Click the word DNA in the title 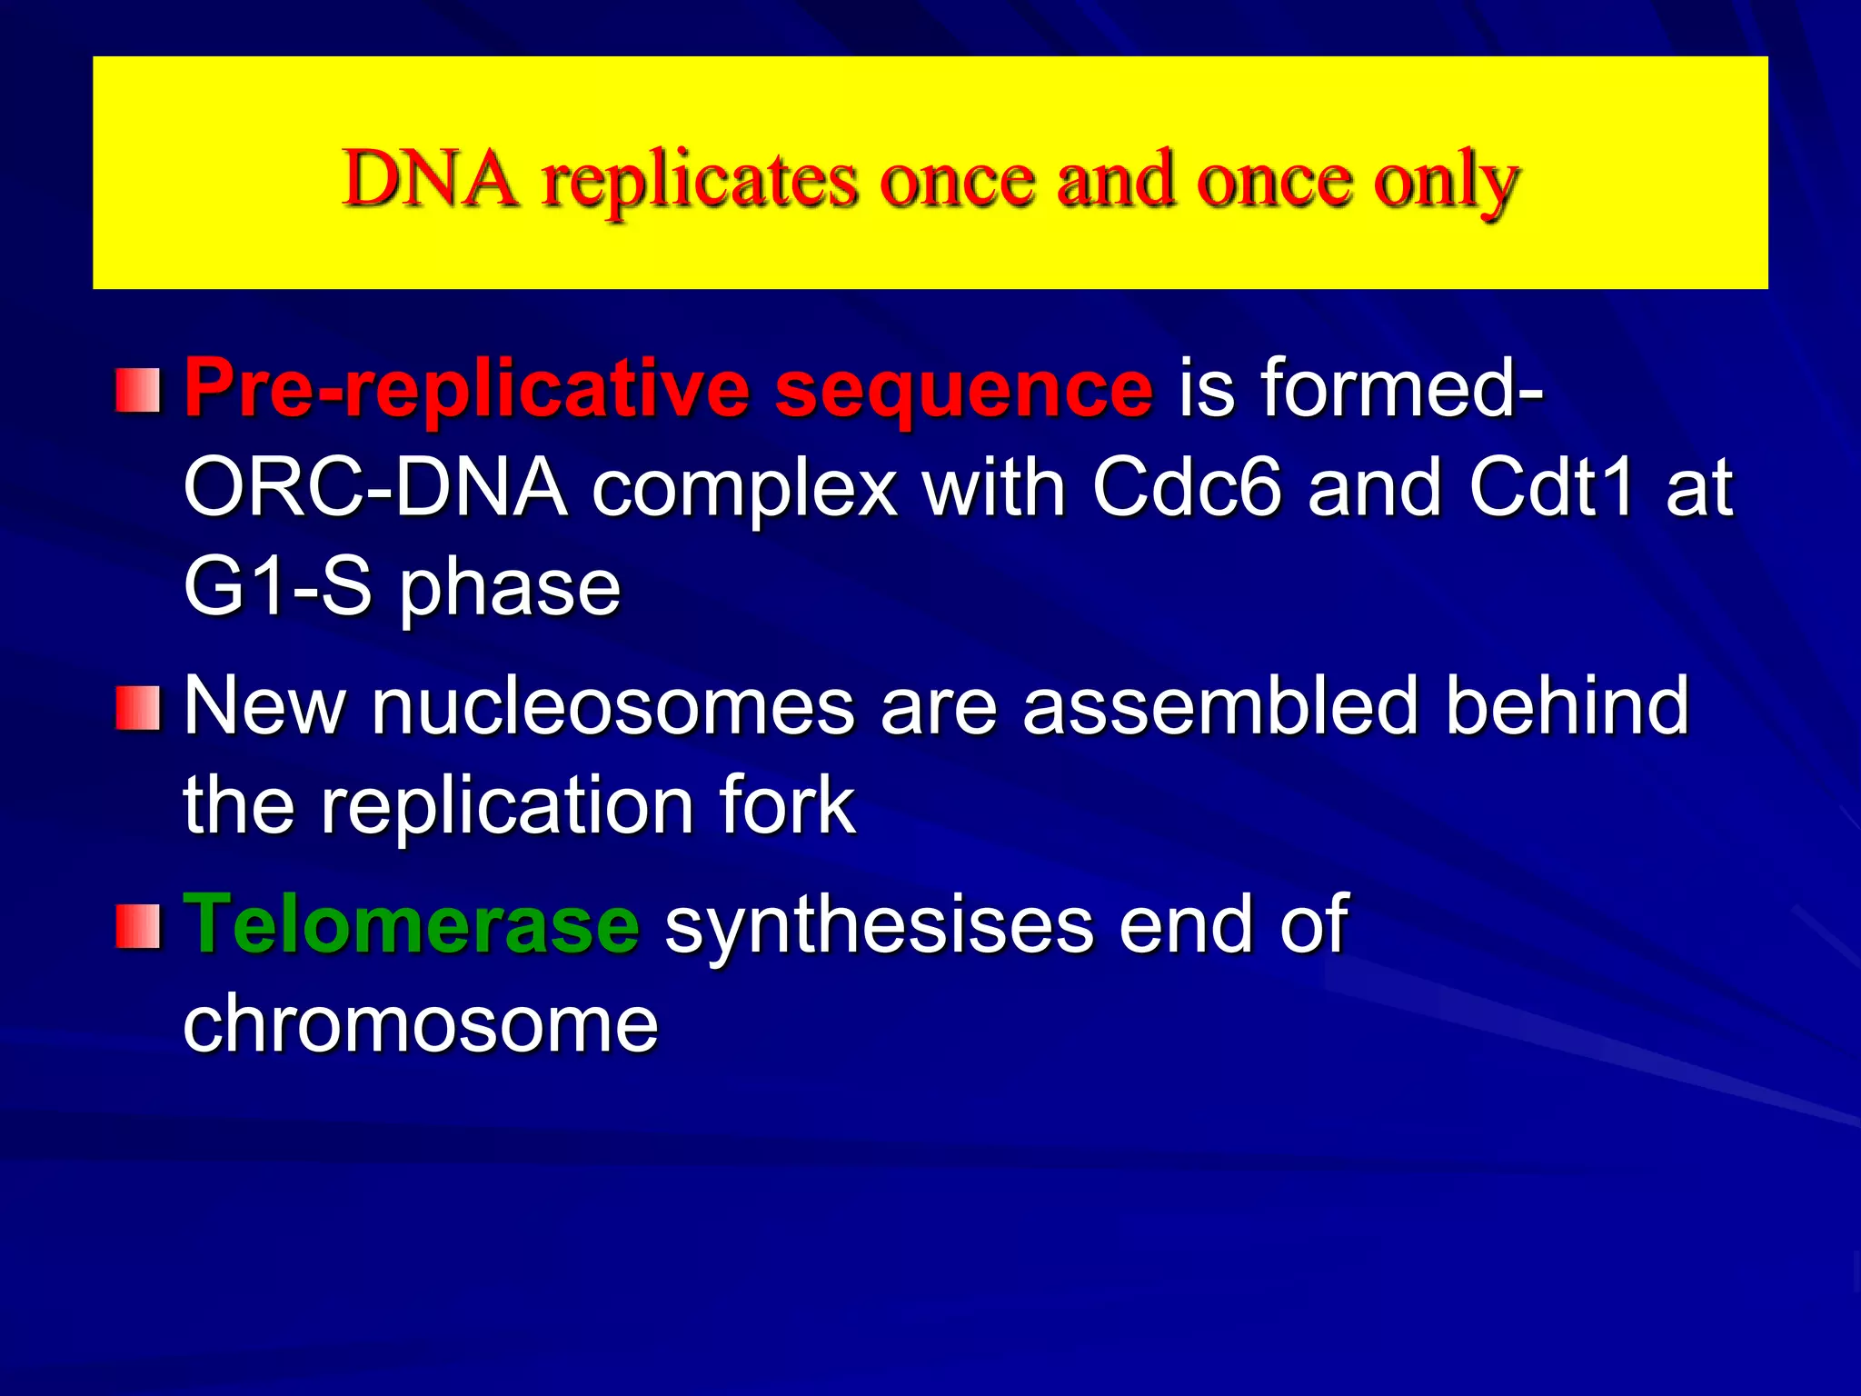coord(433,178)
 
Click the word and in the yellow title coord(1115,178)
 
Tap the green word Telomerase coord(413,925)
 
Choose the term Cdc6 coord(1188,489)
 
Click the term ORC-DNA coord(375,489)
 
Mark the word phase coord(511,593)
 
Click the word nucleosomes coord(613,707)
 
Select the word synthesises coord(880,929)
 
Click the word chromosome coord(421,1025)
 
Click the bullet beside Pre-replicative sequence coord(138,391)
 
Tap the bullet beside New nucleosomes coord(138,709)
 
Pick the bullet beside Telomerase coord(138,927)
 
